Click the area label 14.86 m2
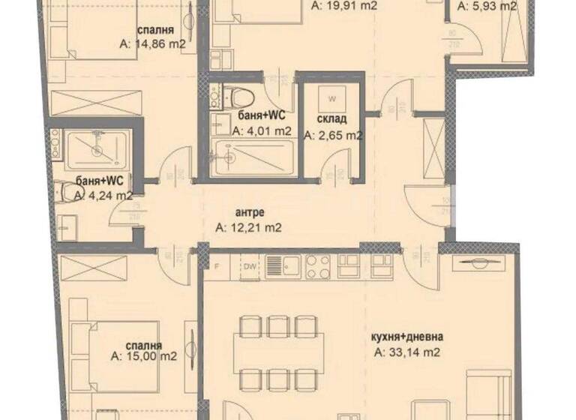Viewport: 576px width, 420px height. point(153,44)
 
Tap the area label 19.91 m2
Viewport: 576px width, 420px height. point(343,5)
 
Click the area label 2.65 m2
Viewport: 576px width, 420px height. point(333,136)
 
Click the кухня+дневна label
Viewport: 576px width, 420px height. point(406,335)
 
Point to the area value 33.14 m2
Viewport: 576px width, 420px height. point(406,351)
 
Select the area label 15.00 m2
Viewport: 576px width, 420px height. point(143,356)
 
